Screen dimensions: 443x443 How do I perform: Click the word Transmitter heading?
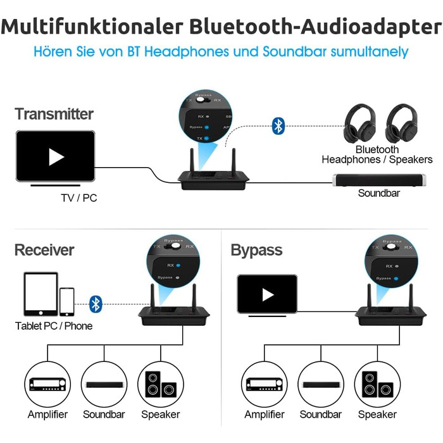tap(54, 115)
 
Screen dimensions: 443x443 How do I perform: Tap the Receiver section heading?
tap(44, 250)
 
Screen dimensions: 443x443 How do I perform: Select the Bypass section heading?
tap(256, 250)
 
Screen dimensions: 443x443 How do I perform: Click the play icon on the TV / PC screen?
tap(56, 157)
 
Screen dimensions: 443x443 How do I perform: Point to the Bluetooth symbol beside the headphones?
tap(278, 125)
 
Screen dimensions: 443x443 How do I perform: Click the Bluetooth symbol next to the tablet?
tap(96, 304)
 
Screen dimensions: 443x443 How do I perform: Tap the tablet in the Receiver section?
tap(41, 294)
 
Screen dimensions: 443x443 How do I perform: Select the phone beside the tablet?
tap(66, 301)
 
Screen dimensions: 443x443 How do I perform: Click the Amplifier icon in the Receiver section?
tap(47, 384)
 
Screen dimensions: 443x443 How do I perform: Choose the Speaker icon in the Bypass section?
tap(377, 384)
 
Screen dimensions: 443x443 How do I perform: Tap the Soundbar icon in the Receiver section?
tap(104, 384)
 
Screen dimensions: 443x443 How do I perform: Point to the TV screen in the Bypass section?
tap(267, 294)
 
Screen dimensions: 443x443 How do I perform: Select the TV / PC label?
tap(79, 198)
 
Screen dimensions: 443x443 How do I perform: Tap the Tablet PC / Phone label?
tap(54, 326)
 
